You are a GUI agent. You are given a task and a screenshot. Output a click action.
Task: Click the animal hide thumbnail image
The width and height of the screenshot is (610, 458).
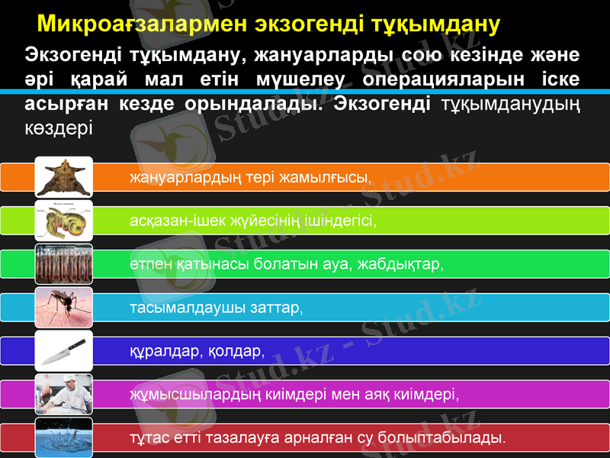64,176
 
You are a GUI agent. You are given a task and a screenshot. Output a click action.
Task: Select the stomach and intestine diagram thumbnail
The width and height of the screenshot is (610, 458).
64,221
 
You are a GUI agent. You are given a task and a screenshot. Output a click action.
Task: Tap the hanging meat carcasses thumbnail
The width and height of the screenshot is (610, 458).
64,264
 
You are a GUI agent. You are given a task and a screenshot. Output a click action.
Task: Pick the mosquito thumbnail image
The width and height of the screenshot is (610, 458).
64,308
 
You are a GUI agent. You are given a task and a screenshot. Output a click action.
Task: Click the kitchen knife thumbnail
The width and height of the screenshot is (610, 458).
64,351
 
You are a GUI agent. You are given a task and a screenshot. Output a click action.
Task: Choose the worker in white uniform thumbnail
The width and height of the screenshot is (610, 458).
64,395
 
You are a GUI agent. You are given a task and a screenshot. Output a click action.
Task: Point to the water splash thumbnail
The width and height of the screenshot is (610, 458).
64,437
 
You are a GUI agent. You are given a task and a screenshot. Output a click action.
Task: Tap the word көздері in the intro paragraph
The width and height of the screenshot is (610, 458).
59,126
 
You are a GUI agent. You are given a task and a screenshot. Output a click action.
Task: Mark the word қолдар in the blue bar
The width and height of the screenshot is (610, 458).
235,352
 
